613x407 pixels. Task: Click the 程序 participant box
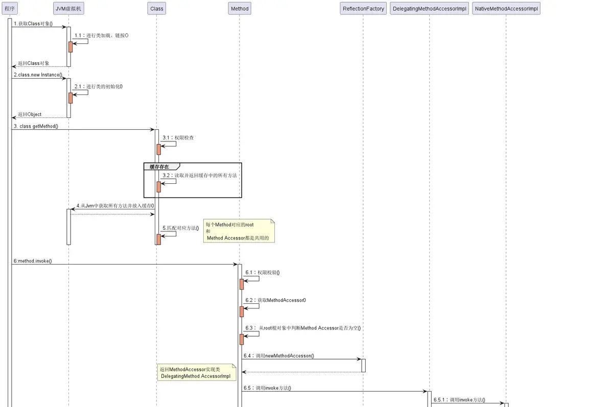(9, 9)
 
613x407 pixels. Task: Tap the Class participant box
(157, 9)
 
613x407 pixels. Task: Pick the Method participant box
(240, 9)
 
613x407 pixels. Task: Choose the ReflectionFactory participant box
(363, 9)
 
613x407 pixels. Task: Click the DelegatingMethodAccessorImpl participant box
(429, 9)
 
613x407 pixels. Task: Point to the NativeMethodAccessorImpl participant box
(506, 9)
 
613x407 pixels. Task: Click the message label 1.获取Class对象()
(33, 24)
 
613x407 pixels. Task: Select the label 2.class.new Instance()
(38, 75)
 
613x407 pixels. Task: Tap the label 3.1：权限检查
(178, 138)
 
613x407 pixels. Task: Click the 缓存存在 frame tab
(160, 166)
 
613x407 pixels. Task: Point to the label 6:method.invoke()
(33, 261)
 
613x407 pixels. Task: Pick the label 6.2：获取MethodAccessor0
(275, 300)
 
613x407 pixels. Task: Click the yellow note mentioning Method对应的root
(239, 231)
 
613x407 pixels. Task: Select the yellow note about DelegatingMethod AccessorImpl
(196, 373)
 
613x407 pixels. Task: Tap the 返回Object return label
(30, 114)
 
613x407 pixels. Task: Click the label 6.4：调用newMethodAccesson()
(278, 355)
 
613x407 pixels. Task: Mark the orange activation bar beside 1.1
(70, 46)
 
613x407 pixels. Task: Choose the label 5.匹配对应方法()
(181, 228)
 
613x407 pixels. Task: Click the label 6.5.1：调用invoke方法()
(459, 400)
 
